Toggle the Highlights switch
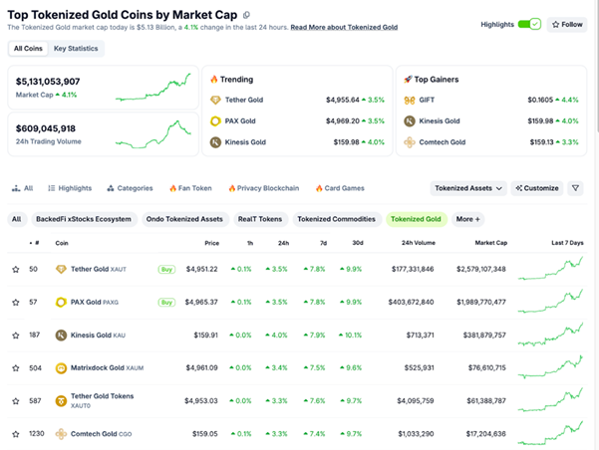529,24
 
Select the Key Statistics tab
75,48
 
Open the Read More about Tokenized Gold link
344,27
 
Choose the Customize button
537,188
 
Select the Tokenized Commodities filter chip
337,219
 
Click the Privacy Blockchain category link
264,188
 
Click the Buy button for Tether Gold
166,269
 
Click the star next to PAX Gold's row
16,301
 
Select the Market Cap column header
490,242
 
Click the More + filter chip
467,219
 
